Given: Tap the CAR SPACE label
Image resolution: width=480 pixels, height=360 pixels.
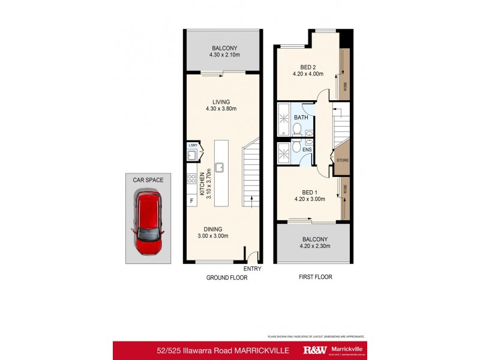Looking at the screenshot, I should click(x=148, y=179).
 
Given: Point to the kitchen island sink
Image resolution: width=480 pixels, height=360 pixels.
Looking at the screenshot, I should click(x=220, y=167).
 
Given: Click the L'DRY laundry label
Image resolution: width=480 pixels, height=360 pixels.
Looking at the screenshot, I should click(x=193, y=146).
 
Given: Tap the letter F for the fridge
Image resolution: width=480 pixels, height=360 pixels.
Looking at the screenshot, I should click(x=191, y=200).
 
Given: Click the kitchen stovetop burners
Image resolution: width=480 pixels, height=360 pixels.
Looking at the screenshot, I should click(x=192, y=179).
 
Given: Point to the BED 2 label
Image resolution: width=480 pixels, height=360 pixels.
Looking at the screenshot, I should click(x=308, y=71).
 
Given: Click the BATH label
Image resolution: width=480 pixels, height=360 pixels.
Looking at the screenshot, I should click(x=301, y=118).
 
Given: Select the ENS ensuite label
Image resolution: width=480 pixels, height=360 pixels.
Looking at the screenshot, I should click(x=307, y=149).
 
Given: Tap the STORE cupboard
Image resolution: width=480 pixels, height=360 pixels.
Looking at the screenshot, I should click(x=342, y=160).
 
